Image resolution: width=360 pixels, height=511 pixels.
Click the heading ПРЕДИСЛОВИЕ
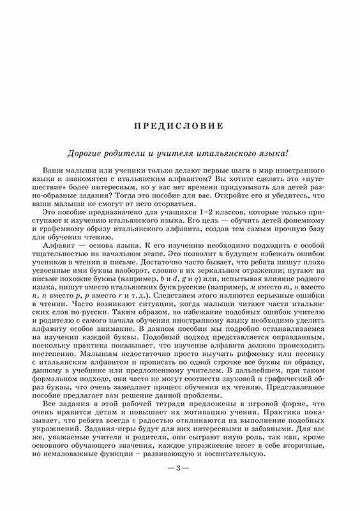click(x=179, y=126)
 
